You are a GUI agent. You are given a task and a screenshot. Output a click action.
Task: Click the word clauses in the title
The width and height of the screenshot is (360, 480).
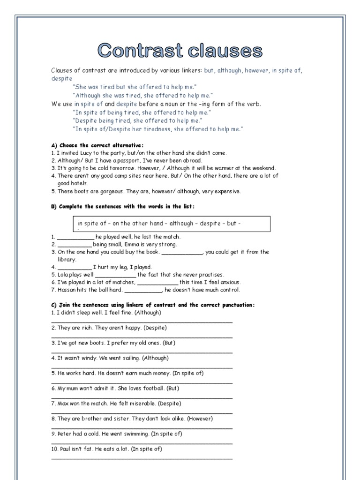click(225, 51)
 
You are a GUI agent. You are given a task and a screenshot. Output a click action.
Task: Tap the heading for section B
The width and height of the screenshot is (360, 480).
click(122, 206)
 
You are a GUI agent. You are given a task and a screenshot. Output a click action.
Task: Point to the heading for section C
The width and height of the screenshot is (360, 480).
click(152, 305)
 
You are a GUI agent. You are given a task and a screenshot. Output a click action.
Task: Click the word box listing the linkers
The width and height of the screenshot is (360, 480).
click(172, 224)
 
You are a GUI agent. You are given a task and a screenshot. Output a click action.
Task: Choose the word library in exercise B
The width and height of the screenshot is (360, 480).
click(67, 259)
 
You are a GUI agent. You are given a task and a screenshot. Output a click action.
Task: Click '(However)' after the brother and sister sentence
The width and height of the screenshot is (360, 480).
click(200, 419)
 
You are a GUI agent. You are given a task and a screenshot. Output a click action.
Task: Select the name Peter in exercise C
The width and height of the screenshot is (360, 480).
click(64, 434)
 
